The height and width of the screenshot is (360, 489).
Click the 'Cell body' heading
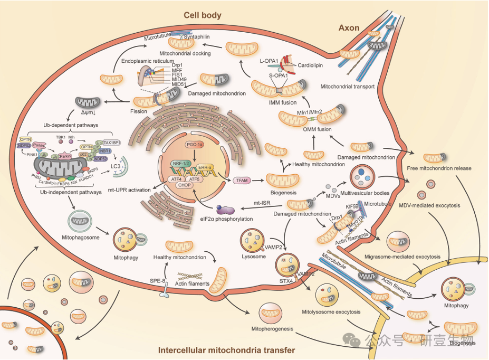click(203, 15)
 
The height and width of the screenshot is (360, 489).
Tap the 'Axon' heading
click(349, 27)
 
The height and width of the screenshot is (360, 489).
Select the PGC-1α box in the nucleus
click(195, 144)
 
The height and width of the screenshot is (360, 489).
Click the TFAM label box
click(243, 181)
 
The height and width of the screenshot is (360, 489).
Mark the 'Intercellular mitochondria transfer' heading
click(226, 350)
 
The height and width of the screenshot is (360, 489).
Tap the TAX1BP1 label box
click(111, 143)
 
